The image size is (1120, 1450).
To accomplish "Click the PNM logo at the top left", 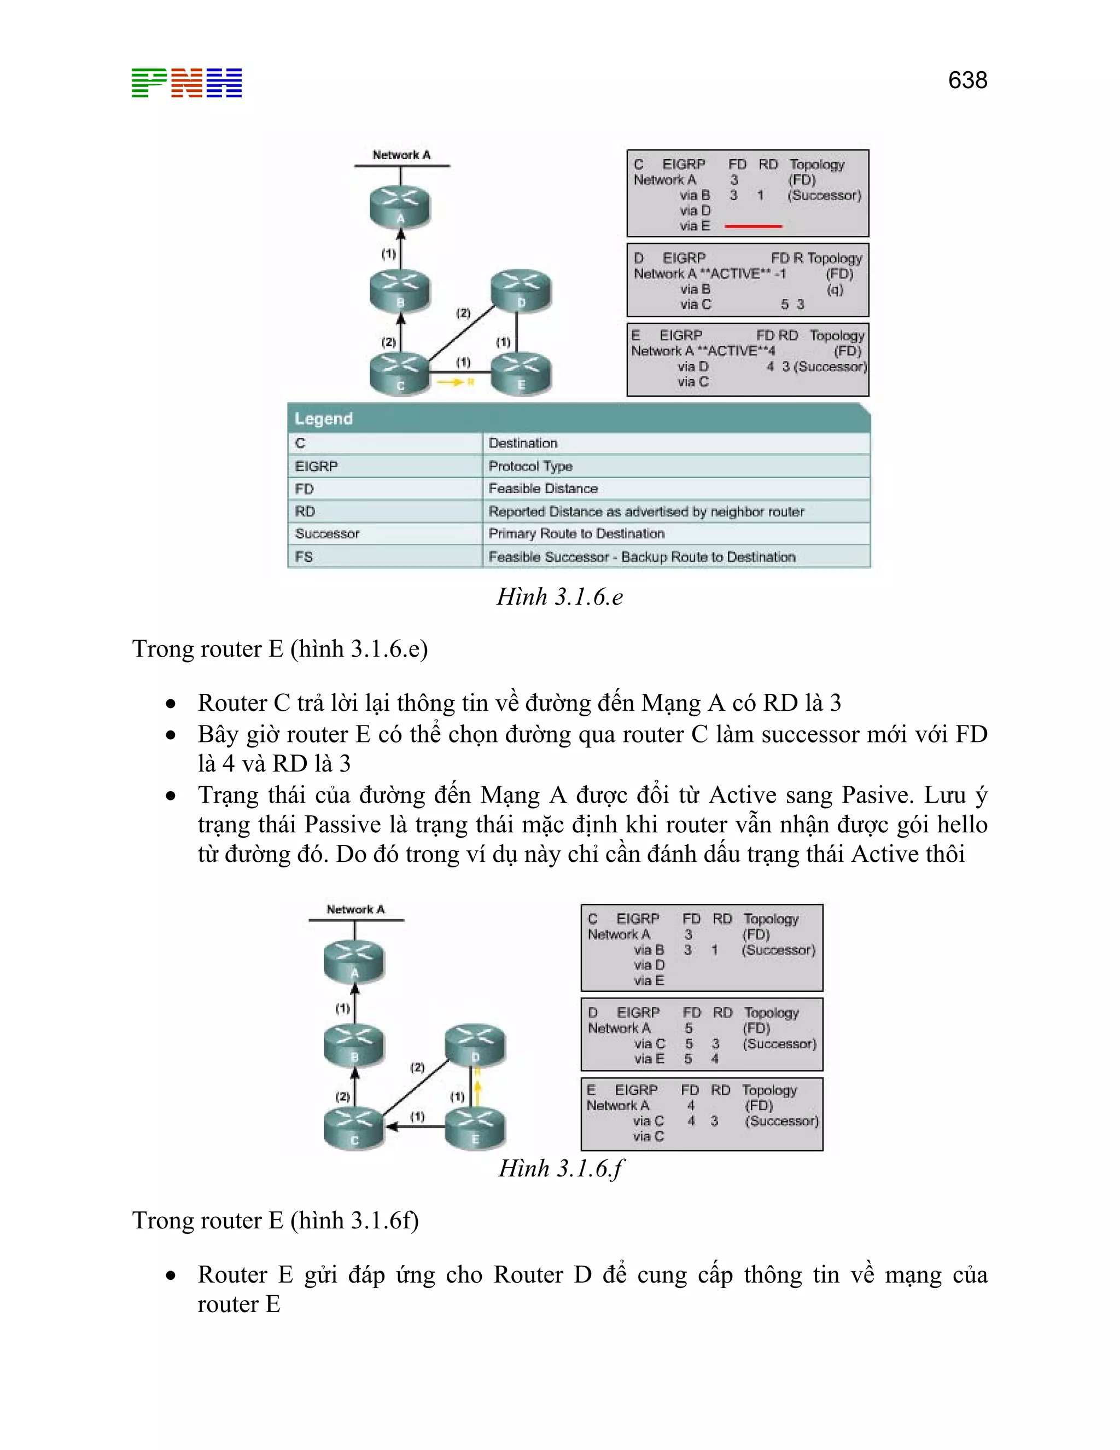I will tap(186, 83).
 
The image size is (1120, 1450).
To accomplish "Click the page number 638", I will tap(967, 80).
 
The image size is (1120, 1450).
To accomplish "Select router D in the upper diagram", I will tap(521, 291).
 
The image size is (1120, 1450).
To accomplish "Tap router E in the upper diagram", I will tap(521, 373).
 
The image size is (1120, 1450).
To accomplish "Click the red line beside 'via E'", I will tap(753, 227).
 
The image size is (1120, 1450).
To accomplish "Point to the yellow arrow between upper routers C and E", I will tap(451, 382).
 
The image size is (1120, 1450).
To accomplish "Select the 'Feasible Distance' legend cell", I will tap(542, 489).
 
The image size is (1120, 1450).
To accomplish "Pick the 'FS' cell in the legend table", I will tap(304, 557).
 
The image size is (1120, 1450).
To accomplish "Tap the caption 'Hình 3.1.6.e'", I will tap(559, 597).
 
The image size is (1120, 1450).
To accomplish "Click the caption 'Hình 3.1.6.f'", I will tap(561, 1169).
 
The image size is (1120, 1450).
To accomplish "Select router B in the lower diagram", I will tap(354, 1045).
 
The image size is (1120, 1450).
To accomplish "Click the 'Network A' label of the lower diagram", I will tap(355, 909).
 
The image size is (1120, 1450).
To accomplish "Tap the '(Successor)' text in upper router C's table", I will tap(824, 196).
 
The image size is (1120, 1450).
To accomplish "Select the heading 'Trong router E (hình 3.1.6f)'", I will tap(276, 1220).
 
